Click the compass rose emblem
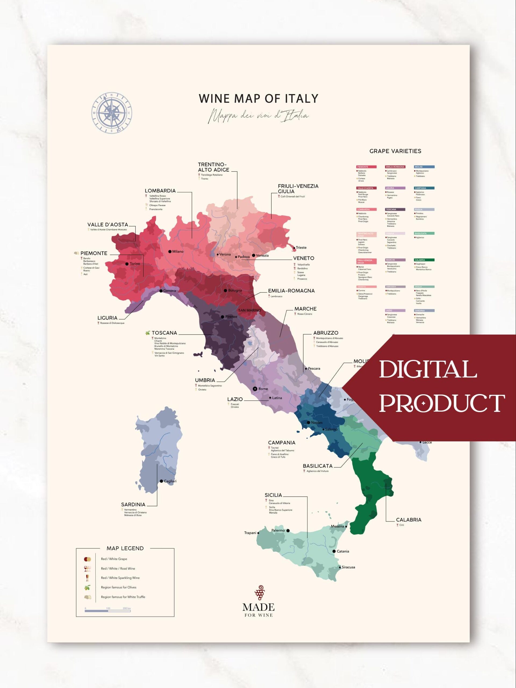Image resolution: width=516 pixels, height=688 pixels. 112,112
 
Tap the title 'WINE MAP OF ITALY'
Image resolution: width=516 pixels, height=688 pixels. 259,98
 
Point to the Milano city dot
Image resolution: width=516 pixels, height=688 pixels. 170,251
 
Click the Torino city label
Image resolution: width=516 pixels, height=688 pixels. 135,264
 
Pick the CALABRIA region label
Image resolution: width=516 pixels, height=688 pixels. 408,520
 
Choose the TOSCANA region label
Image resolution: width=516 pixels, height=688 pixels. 164,333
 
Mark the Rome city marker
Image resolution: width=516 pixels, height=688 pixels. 255,388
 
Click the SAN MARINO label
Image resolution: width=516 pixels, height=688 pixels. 249,310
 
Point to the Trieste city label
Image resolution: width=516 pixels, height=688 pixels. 301,248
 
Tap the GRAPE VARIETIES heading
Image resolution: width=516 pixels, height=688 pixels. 395,151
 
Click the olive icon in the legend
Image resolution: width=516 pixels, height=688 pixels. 87,587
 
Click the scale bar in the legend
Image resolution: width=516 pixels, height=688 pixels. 107,611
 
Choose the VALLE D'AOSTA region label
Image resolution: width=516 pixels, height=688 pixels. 107,225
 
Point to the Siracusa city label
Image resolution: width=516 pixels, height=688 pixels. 348,567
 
